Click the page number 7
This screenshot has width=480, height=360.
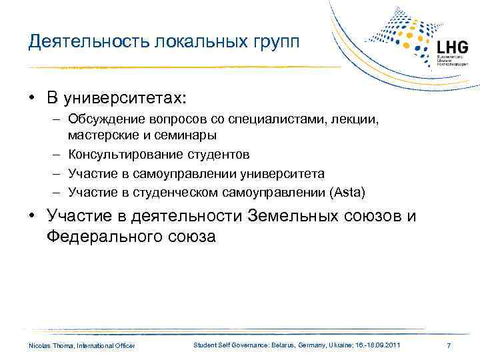tap(449, 345)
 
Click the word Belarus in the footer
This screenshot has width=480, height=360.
tap(269, 345)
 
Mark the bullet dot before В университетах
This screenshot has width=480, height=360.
tap(32, 98)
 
